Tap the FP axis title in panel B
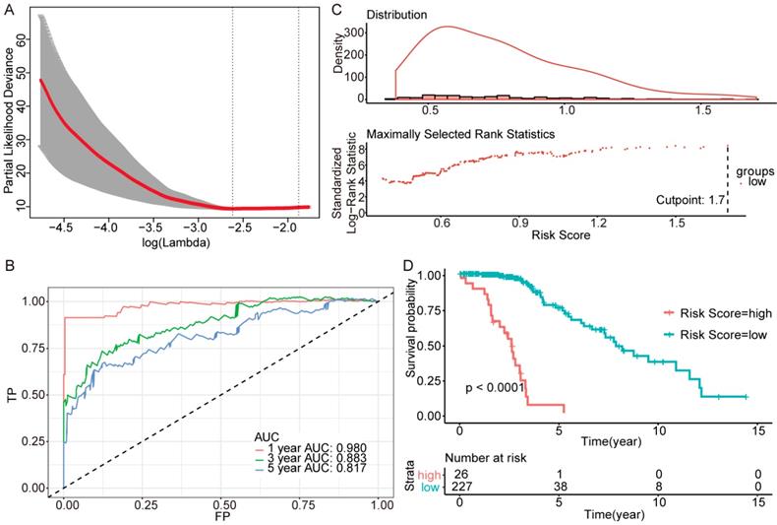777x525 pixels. click(x=222, y=516)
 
